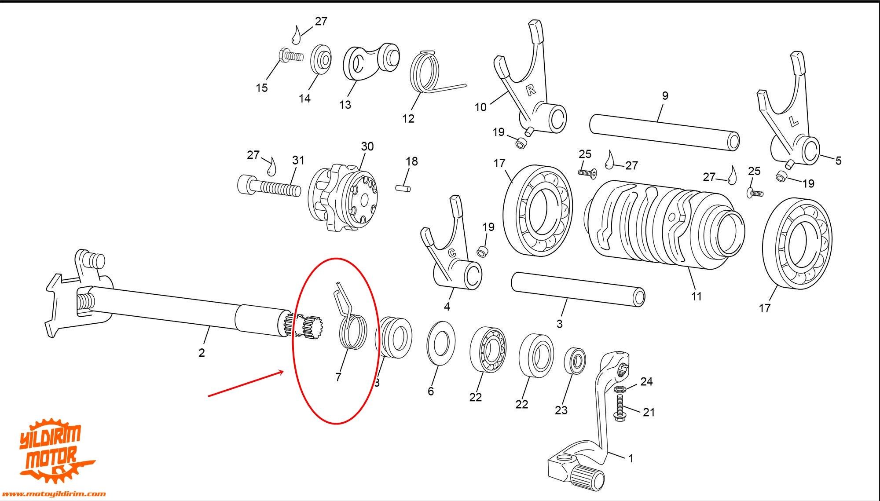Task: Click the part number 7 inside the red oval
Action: (338, 377)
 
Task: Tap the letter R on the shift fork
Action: (531, 90)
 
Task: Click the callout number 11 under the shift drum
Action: (696, 296)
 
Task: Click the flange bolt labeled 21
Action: (620, 407)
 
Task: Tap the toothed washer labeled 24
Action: (621, 389)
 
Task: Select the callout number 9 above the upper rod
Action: (665, 95)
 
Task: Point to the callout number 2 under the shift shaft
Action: (202, 352)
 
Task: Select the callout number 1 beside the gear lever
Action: (631, 458)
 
